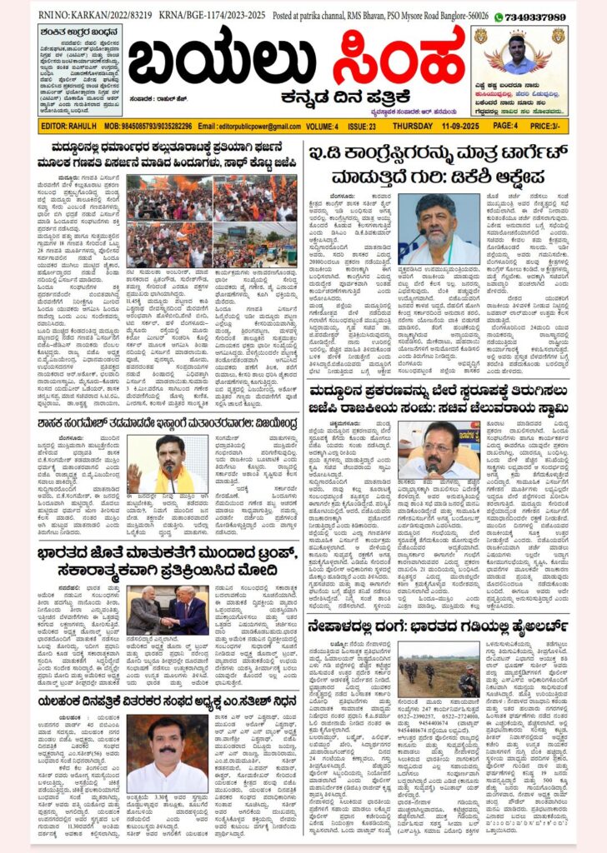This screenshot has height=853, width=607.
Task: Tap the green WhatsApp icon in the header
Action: coord(499,17)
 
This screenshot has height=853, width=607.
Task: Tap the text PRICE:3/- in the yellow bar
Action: coord(551,126)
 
